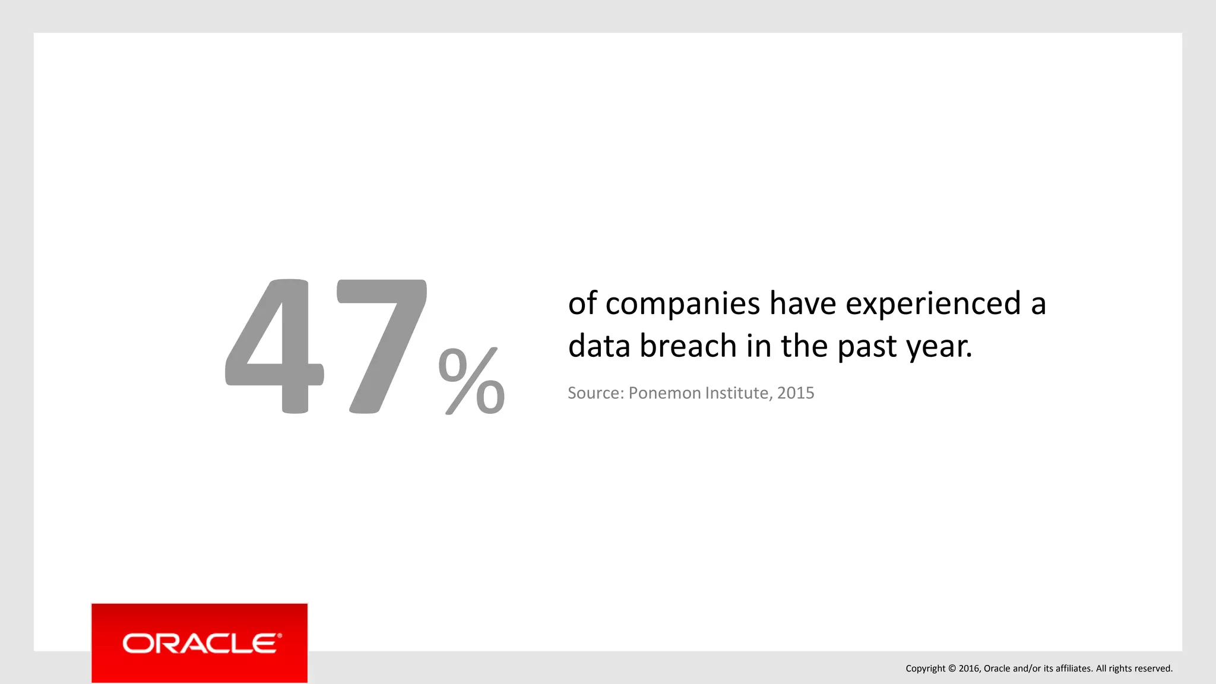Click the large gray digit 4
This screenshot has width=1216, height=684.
[x=274, y=347]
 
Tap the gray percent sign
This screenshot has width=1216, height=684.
[x=471, y=381]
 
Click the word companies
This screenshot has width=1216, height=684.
[x=683, y=304]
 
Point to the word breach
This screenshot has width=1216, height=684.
[x=688, y=346]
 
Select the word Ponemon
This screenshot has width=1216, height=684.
[x=660, y=393]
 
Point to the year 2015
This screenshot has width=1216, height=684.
[x=796, y=393]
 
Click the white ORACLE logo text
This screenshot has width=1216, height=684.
[x=198, y=644]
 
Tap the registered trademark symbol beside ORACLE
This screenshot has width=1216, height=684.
[x=280, y=636]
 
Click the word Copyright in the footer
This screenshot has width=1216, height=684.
[x=925, y=669]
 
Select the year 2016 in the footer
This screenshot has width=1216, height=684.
[x=970, y=669]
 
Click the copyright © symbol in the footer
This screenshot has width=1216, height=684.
[x=952, y=669]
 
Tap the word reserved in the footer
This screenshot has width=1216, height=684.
[x=1154, y=669]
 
